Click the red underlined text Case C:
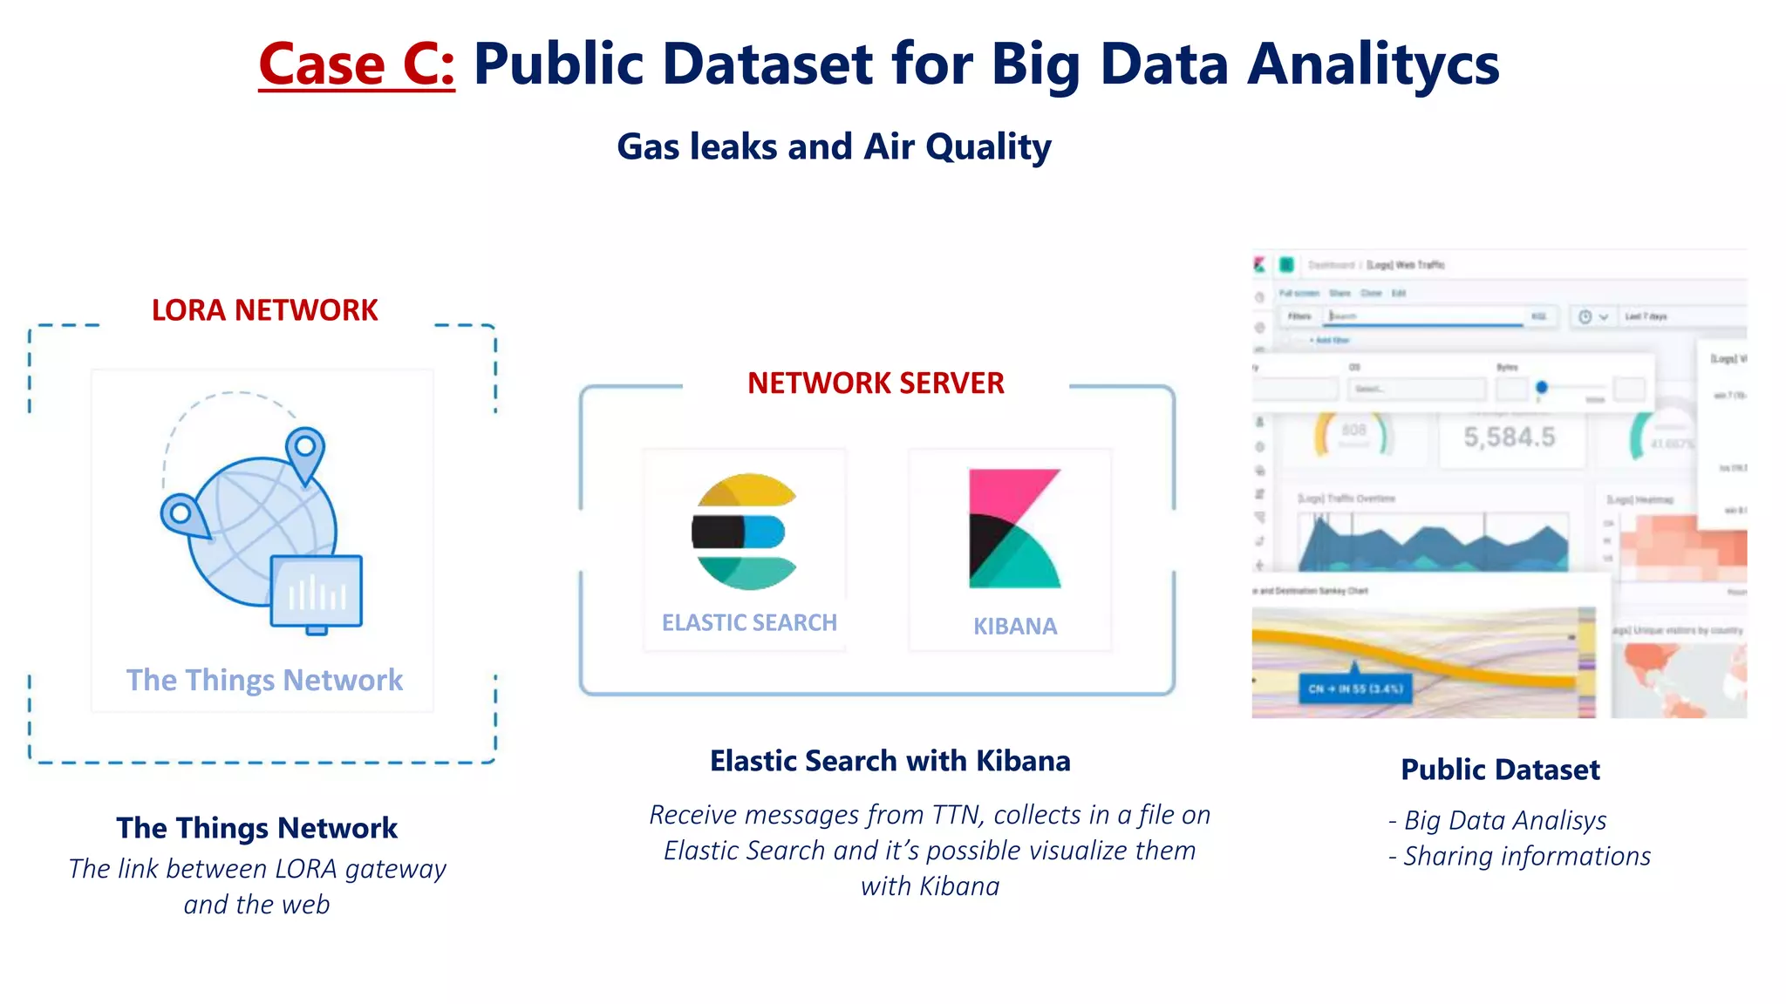pos(356,64)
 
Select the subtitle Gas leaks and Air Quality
pos(834,146)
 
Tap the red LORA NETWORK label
pos(264,310)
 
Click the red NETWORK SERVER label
pos(876,383)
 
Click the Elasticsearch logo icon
pos(744,532)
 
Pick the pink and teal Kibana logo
pos(1013,528)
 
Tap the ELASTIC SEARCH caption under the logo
pos(749,622)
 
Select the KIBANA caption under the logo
pos(1015,626)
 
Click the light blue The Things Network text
pos(264,680)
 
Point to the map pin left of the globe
pos(183,516)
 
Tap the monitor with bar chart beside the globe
pos(316,593)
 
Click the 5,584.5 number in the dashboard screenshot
pos(1509,438)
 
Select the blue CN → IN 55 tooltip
pos(1355,689)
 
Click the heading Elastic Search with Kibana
pos(890,761)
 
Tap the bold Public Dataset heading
pos(1500,770)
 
